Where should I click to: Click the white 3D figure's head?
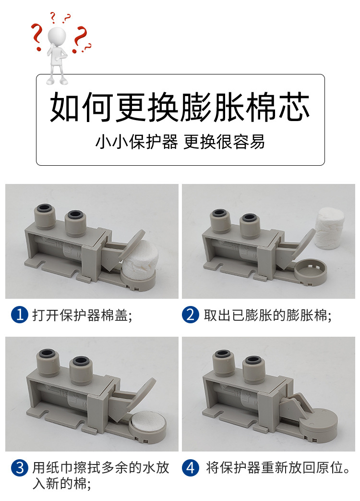(57, 36)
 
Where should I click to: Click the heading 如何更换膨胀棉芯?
(180, 107)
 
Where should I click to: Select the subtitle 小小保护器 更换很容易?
(180, 142)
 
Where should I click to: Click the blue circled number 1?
(20, 315)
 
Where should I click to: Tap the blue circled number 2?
(191, 315)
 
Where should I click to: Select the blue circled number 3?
(20, 468)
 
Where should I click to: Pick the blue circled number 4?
(191, 468)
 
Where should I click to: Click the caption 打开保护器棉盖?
(82, 315)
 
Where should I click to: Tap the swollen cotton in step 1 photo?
(140, 262)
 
